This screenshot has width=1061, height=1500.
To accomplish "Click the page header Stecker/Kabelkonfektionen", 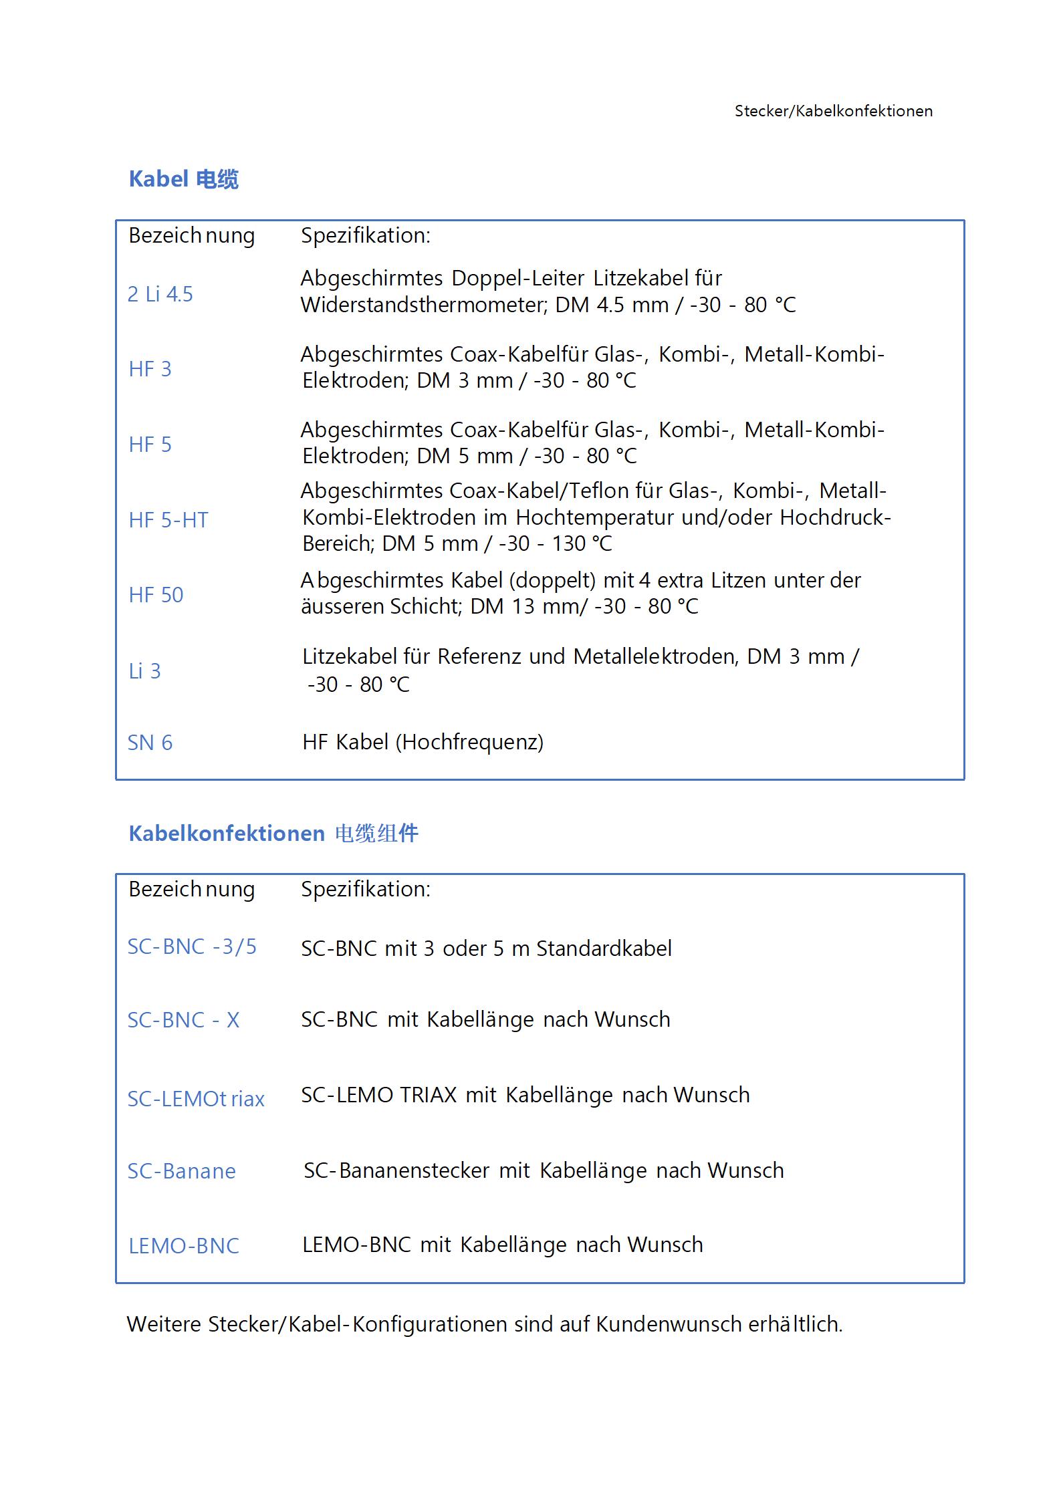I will [x=833, y=111].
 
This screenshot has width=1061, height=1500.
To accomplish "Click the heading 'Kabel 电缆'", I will [x=183, y=179].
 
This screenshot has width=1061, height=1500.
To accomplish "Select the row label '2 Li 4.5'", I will [x=160, y=294].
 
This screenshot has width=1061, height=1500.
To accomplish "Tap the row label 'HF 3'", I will [x=150, y=369].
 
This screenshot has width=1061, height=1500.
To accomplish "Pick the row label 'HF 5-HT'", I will [x=168, y=520].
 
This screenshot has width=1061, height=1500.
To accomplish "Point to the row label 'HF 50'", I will [x=156, y=595].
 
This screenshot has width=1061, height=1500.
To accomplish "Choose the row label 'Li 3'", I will [x=144, y=671].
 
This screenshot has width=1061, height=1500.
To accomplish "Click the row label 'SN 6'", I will [x=150, y=743].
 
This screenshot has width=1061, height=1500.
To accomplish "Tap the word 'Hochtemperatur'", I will [x=595, y=517].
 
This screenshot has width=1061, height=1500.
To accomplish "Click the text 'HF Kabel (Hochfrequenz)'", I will [x=423, y=742].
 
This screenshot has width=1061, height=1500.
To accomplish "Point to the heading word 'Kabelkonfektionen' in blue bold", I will [x=227, y=834].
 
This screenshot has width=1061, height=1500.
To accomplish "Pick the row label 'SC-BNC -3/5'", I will [x=192, y=947].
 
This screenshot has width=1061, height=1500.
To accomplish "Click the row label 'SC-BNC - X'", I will [x=183, y=1020].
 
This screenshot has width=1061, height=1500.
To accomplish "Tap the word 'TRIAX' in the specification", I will [x=428, y=1095].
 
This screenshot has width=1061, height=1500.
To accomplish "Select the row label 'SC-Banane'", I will [x=181, y=1171].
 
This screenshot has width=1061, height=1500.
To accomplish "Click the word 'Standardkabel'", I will [x=604, y=949].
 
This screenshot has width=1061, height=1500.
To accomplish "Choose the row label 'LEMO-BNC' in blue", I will [x=184, y=1246].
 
